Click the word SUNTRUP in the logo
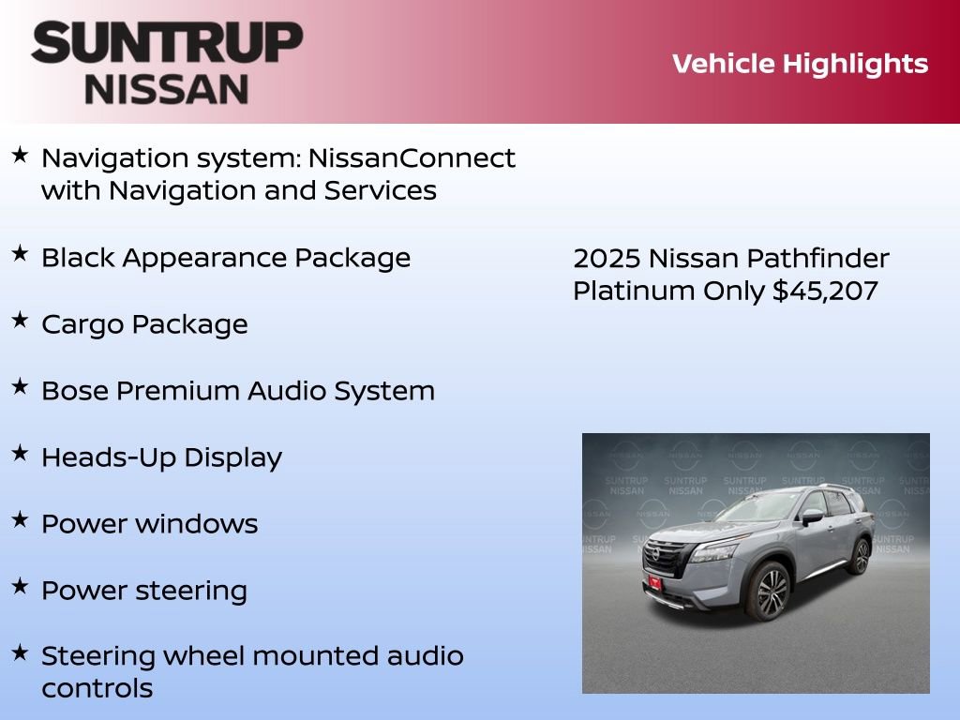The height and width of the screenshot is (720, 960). (167, 43)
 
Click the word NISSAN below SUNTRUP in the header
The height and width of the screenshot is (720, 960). (167, 89)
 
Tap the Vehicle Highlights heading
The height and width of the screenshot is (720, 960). (800, 64)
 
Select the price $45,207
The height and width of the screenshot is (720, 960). (825, 291)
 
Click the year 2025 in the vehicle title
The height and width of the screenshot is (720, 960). (607, 259)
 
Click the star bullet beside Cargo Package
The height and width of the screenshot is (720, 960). (20, 320)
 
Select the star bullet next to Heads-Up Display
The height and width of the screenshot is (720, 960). (20, 453)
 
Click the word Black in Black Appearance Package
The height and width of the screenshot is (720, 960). (78, 258)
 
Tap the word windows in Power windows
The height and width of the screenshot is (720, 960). (197, 524)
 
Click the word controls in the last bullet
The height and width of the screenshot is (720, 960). (97, 689)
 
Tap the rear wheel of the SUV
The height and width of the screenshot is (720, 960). (859, 555)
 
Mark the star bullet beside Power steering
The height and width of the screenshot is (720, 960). (20, 586)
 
